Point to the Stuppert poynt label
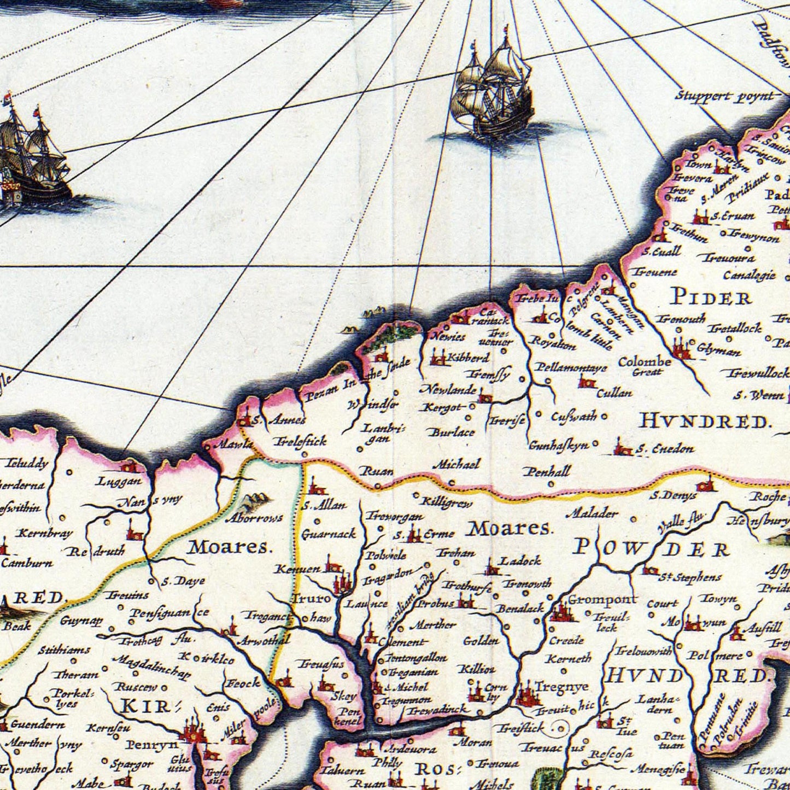pyautogui.click(x=724, y=96)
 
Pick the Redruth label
pyautogui.click(x=96, y=551)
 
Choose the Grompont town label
pyautogui.click(x=602, y=599)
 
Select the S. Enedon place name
pyautogui.click(x=665, y=449)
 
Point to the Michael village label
pyautogui.click(x=456, y=465)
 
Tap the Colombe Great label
pyautogui.click(x=645, y=366)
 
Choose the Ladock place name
pyautogui.click(x=520, y=560)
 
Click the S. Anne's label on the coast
pyautogui.click(x=278, y=420)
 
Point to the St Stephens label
pyautogui.click(x=689, y=577)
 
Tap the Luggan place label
pyautogui.click(x=118, y=482)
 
